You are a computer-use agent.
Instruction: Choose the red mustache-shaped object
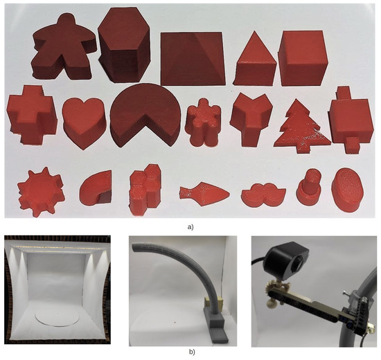pyautogui.click(x=261, y=195)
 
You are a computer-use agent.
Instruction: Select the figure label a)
pyautogui.click(x=189, y=226)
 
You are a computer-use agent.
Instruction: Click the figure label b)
pyautogui.click(x=191, y=352)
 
